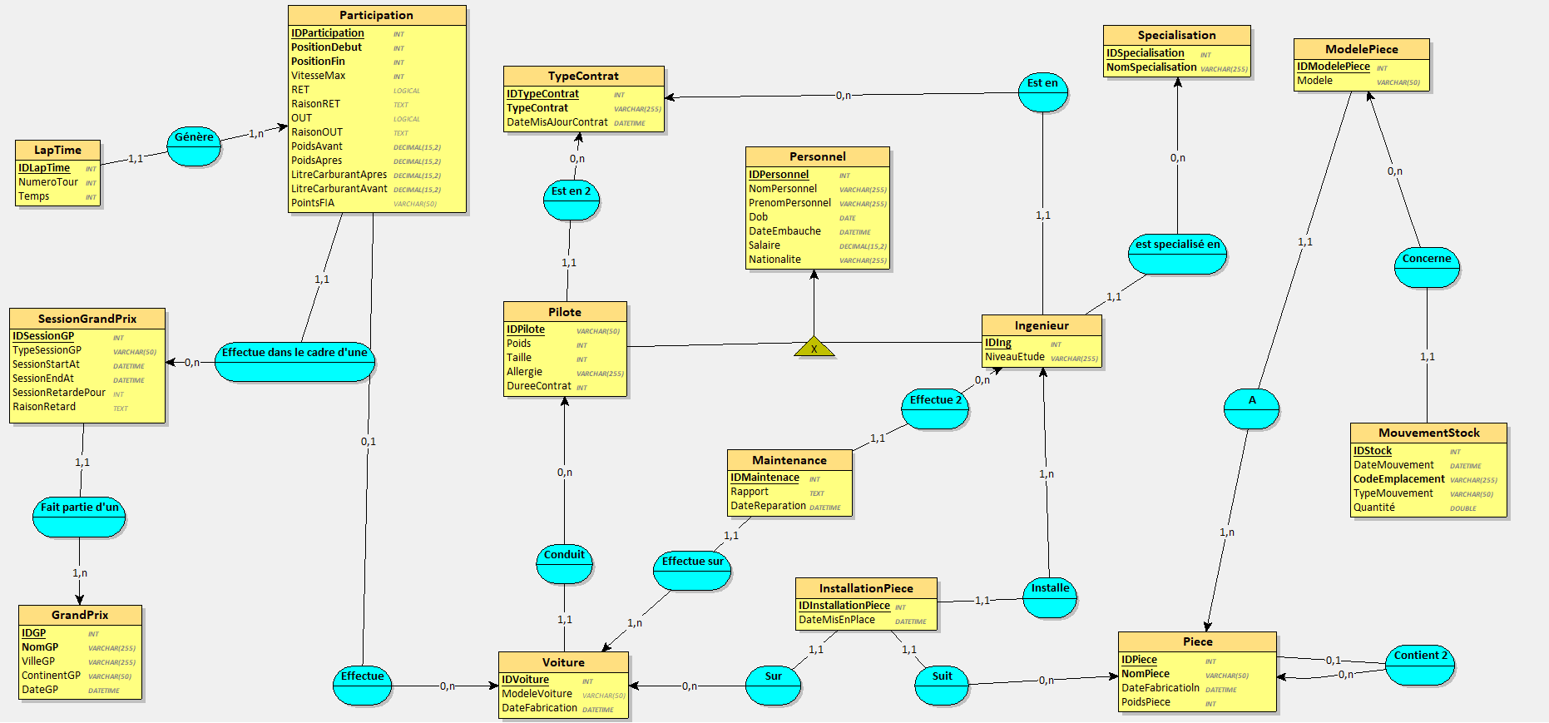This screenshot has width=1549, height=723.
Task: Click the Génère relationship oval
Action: click(x=194, y=146)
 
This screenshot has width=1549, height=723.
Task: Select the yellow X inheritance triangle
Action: click(x=814, y=348)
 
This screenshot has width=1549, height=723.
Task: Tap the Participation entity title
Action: click(x=376, y=15)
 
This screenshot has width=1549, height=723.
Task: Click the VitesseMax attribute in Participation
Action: click(x=319, y=76)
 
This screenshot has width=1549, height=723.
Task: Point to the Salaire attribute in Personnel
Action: click(x=765, y=245)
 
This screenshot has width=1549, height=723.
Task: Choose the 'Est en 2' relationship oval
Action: click(x=571, y=200)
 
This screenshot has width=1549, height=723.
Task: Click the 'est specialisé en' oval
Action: click(x=1177, y=253)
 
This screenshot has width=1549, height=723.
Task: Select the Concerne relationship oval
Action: click(x=1427, y=267)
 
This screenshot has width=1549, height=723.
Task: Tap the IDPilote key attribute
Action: click(x=526, y=329)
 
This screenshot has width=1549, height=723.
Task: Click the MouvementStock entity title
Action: click(x=1428, y=433)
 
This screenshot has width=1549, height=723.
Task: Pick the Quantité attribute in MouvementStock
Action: click(x=1374, y=508)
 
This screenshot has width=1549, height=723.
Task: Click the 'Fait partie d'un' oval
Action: click(x=80, y=516)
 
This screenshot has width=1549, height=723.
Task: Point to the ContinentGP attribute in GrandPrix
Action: click(x=51, y=676)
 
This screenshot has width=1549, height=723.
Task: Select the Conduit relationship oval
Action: click(x=564, y=563)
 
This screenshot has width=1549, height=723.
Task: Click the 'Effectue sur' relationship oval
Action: click(x=692, y=570)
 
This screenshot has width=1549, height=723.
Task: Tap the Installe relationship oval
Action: click(x=1050, y=597)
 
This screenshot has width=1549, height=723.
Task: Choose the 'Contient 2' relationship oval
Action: click(x=1420, y=664)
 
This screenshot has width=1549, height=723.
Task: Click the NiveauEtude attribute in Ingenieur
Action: click(x=1015, y=357)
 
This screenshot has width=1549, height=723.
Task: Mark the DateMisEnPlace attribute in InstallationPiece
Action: click(x=837, y=620)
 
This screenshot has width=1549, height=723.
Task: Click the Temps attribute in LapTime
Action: click(x=34, y=196)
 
